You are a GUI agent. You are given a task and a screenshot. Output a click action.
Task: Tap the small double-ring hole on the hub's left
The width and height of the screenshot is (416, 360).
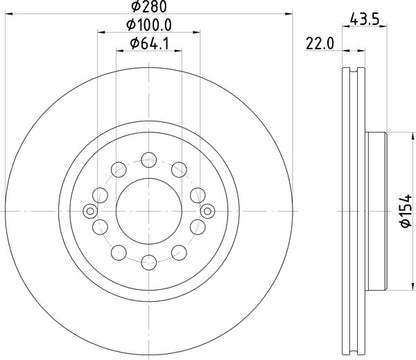91,209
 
